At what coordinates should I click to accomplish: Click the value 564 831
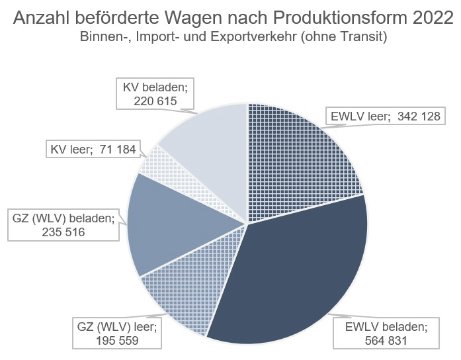tap(386, 341)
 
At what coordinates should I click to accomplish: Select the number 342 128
tap(419, 116)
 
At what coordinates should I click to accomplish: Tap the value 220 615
tap(155, 101)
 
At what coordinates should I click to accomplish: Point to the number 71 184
tap(118, 150)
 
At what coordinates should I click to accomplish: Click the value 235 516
tap(63, 232)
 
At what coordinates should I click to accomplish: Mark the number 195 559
tap(117, 341)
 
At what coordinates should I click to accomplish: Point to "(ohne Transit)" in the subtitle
tap(344, 37)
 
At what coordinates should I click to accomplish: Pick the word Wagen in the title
tap(192, 19)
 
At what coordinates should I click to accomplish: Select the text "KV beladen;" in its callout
tap(155, 87)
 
